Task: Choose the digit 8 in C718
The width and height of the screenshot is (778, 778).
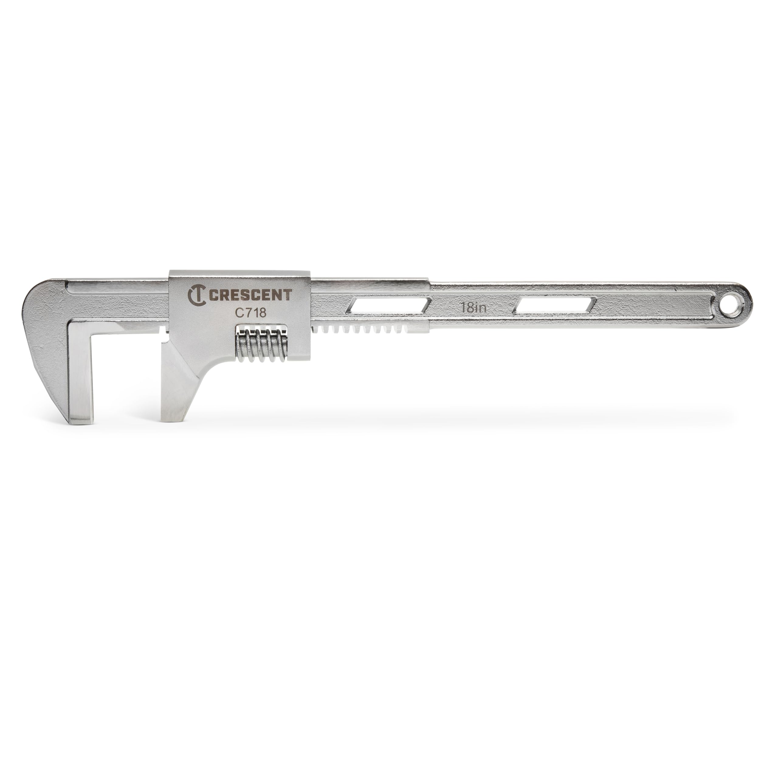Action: tap(263, 313)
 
